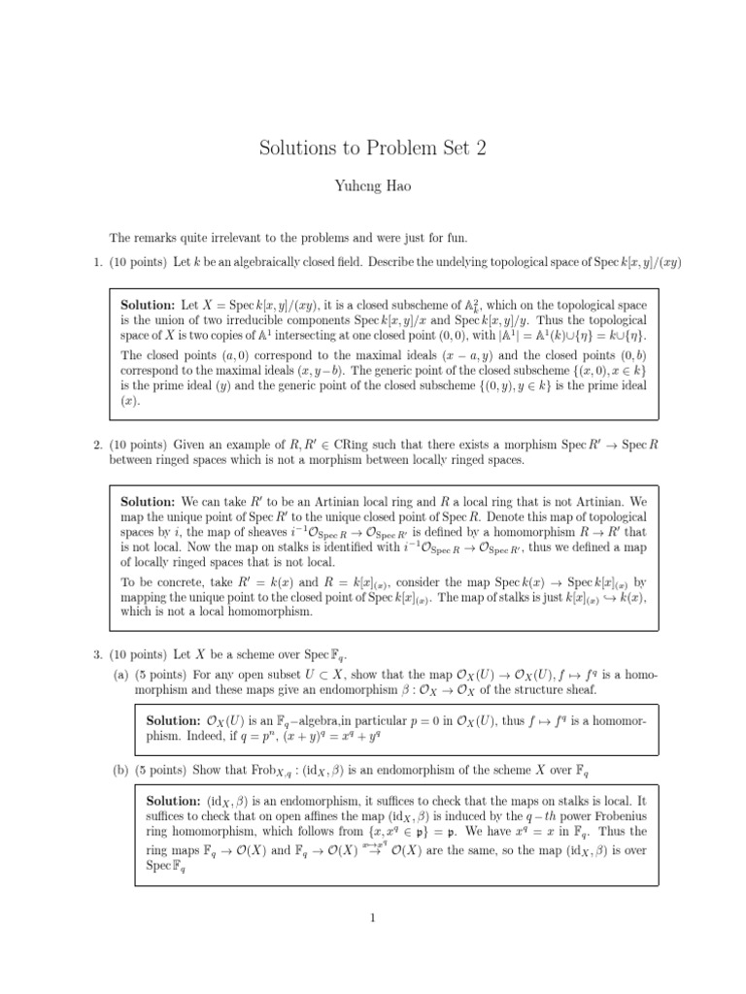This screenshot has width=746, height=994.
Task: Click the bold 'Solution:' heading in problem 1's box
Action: (x=148, y=305)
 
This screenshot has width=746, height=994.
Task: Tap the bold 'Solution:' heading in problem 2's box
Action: (x=148, y=502)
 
